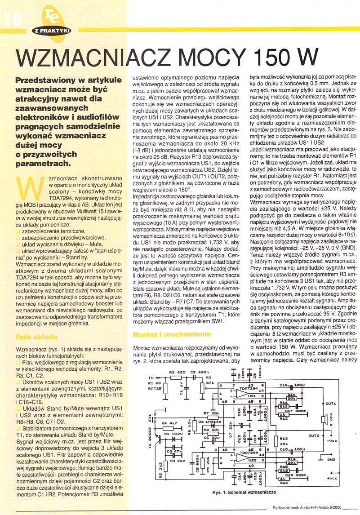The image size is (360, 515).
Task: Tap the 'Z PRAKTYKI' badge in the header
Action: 52,31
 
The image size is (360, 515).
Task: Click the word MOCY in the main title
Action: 213,58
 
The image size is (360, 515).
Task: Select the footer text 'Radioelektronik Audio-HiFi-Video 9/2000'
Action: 307,509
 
